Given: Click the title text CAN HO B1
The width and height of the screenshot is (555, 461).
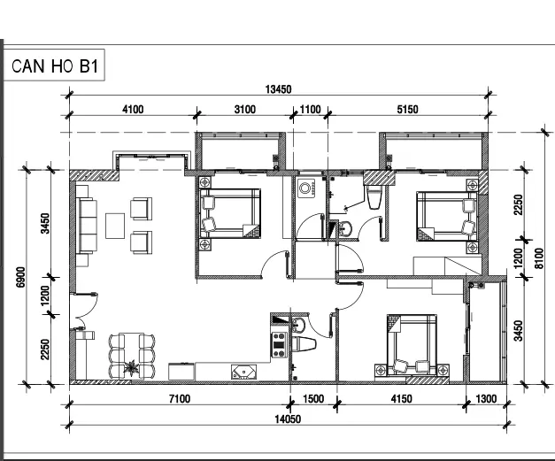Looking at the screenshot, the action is (55, 65).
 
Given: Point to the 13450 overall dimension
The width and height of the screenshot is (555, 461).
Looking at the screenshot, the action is (279, 89).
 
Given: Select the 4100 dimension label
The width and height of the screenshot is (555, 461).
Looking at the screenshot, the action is (133, 110).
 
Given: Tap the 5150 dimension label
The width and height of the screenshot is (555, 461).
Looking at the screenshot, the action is (407, 110).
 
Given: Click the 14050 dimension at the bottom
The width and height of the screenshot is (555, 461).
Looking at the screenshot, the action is (288, 419).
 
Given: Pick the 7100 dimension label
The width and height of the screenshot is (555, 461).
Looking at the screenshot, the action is (180, 399).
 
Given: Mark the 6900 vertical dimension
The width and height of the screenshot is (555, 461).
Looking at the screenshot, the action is (21, 277).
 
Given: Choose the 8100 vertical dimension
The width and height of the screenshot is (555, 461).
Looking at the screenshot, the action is (539, 258).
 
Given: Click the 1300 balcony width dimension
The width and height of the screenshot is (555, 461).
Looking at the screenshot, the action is (486, 399).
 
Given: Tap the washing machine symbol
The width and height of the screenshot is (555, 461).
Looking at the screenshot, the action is (306, 188).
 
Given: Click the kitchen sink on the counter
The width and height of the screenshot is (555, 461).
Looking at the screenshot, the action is (243, 372).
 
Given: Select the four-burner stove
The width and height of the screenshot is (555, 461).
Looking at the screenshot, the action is (279, 344).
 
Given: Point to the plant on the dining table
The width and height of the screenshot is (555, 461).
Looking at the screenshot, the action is (131, 368).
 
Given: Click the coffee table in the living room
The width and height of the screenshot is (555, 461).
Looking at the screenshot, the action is (115, 226).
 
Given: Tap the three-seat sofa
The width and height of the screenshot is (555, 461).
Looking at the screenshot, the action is (87, 226).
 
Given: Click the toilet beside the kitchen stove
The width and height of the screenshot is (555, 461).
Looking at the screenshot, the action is (304, 344).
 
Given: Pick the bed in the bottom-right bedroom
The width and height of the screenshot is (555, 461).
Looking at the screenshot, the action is (412, 344).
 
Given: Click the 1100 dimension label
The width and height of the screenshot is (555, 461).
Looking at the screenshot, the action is (311, 110).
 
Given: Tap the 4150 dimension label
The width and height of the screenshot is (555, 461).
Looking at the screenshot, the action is (401, 399).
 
